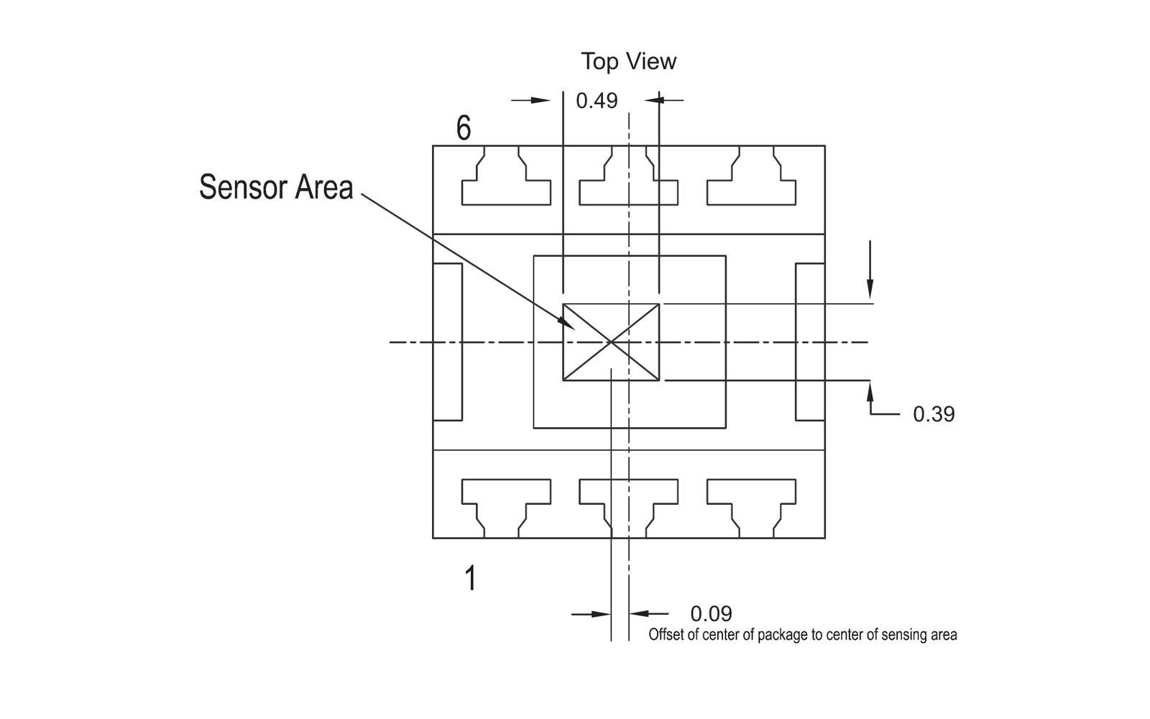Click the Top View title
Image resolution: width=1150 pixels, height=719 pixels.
[628, 62]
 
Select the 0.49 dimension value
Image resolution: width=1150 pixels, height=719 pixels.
[597, 101]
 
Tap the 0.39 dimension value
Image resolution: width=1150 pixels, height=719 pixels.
[934, 414]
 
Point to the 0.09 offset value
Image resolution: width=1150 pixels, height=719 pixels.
[711, 614]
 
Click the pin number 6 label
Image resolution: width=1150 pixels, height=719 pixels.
[464, 128]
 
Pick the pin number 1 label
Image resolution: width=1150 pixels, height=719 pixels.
[470, 578]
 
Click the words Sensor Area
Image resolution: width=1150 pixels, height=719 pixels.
[276, 187]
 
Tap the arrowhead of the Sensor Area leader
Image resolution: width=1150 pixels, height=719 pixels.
[567, 324]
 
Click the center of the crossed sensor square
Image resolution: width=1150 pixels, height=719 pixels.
[611, 342]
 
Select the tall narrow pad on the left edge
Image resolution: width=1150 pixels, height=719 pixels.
[448, 342]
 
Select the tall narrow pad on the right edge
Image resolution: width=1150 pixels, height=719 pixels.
[810, 342]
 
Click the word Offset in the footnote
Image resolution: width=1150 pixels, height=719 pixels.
[667, 635]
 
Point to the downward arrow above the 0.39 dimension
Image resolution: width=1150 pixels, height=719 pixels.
[870, 270]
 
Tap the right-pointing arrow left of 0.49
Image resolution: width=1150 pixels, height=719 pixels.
[531, 100]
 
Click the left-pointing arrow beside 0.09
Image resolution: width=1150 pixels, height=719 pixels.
[649, 613]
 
